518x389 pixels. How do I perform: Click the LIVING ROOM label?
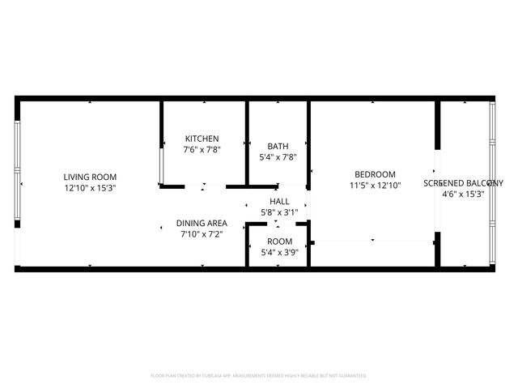click(x=91, y=177)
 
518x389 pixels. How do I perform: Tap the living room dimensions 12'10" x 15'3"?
click(x=91, y=187)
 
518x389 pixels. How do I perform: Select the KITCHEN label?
click(x=202, y=139)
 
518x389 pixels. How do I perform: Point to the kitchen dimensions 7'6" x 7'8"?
click(x=202, y=149)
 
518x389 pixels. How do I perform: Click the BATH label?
click(x=278, y=147)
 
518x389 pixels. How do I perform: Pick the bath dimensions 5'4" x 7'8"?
click(x=278, y=157)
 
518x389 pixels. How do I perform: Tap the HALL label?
click(x=278, y=202)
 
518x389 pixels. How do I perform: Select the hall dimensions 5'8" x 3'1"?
click(x=278, y=212)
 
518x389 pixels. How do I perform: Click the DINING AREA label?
click(x=202, y=223)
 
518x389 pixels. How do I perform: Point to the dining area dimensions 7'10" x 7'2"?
click(x=202, y=233)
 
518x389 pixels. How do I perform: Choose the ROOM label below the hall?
click(x=279, y=242)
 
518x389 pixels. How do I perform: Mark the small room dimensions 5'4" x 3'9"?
click(x=279, y=252)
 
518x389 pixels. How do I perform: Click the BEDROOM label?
click(x=375, y=175)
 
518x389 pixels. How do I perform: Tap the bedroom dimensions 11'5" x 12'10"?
click(x=375, y=186)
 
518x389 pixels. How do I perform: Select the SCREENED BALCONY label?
click(x=464, y=183)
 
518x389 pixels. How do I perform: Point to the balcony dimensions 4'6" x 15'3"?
click(x=464, y=194)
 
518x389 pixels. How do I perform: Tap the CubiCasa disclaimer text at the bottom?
click(x=259, y=376)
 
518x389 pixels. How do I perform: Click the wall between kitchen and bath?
click(x=247, y=143)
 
